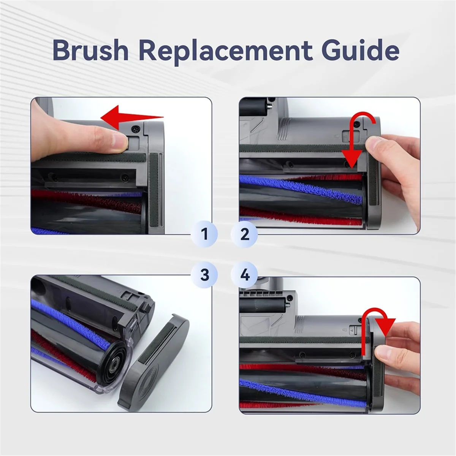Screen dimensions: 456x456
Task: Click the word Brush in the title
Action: tap(90, 50)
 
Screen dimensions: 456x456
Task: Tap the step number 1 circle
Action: tap(205, 234)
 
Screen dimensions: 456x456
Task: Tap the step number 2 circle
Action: tap(245, 234)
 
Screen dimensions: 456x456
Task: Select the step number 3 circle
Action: tap(205, 274)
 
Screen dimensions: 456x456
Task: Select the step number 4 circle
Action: tap(245, 274)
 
